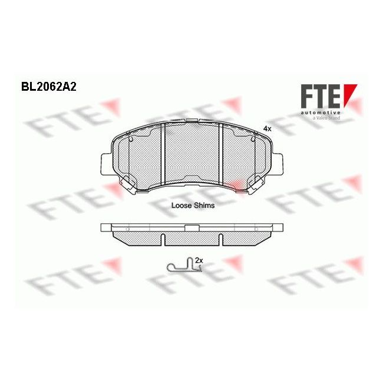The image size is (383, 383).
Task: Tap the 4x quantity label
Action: pyautogui.click(x=267, y=128)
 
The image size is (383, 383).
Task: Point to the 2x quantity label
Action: pyautogui.click(x=199, y=260)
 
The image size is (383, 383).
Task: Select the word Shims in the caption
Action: pyautogui.click(x=204, y=206)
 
